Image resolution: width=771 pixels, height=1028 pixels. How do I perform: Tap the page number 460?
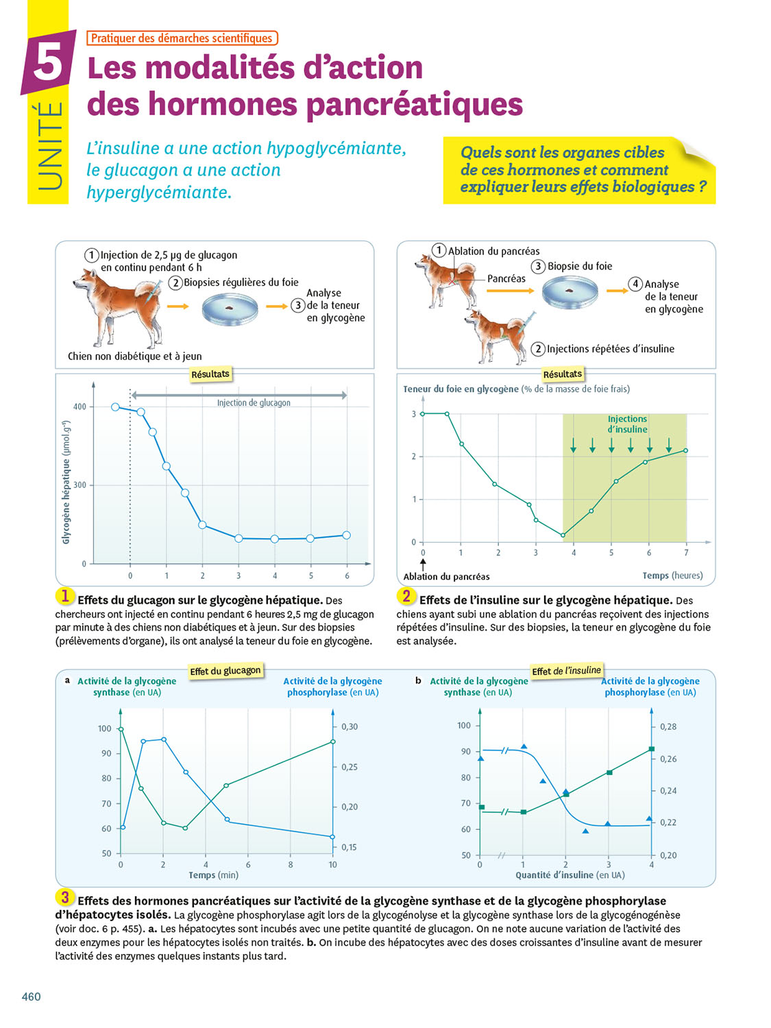(x=32, y=996)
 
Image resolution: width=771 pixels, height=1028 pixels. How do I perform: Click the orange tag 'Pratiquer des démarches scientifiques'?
(x=182, y=38)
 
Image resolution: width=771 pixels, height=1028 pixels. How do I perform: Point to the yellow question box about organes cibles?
(x=579, y=170)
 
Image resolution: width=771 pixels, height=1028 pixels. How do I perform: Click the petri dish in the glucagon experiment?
(x=230, y=309)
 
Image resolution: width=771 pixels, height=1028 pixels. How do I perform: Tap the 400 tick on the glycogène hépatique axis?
(x=79, y=406)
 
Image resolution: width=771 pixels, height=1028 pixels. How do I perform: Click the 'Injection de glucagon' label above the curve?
(x=254, y=403)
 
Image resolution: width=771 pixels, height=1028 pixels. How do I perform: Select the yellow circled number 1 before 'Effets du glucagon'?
(x=64, y=596)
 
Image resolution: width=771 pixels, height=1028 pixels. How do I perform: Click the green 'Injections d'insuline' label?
(x=627, y=424)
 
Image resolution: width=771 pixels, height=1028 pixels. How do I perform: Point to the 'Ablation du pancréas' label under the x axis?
(x=446, y=576)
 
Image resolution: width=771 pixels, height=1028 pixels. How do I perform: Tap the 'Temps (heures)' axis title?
(x=672, y=576)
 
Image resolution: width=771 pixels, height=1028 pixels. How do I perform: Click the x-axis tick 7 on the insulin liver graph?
(x=686, y=552)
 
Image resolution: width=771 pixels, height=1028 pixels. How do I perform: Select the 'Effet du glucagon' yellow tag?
(x=225, y=670)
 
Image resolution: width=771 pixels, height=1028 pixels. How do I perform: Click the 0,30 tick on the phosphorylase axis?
(x=350, y=726)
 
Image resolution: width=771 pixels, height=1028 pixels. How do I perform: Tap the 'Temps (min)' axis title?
(x=213, y=874)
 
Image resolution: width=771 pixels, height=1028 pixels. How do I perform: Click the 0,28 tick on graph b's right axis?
(x=668, y=726)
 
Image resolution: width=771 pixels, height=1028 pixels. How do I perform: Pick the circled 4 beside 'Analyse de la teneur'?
(x=635, y=284)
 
